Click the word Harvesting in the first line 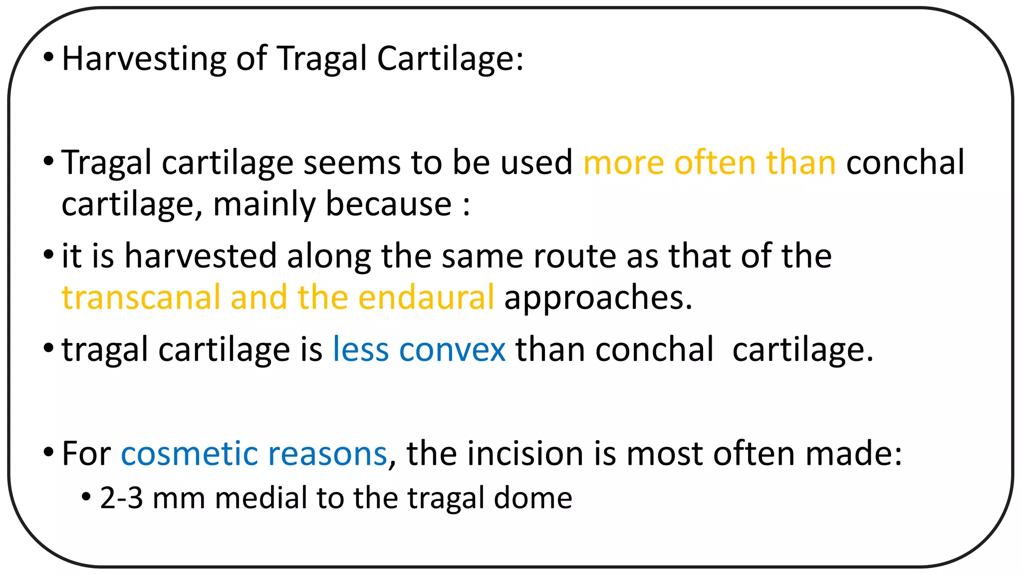(x=144, y=59)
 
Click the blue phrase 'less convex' (x=419, y=349)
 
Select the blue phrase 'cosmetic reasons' (x=254, y=454)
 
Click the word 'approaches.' (x=598, y=297)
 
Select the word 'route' (x=574, y=256)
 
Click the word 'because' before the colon (x=389, y=204)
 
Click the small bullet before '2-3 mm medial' (x=86, y=497)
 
